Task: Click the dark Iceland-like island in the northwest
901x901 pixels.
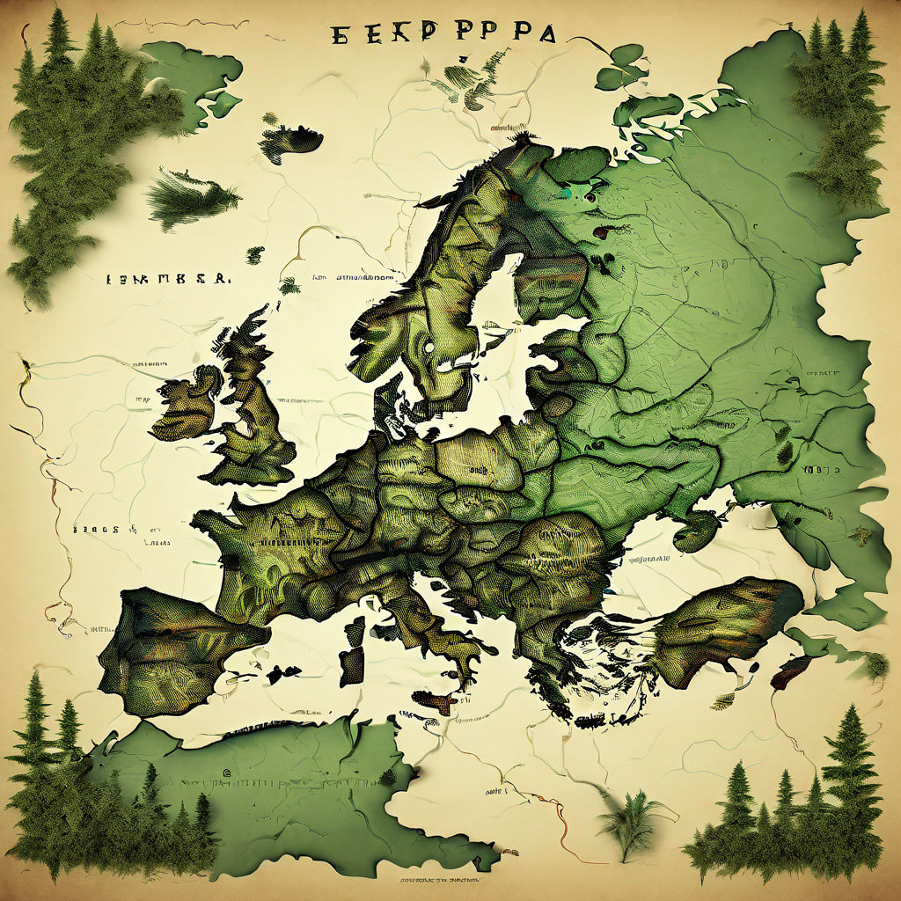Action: [289, 141]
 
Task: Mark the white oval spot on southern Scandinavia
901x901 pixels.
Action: [429, 348]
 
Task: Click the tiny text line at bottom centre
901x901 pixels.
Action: [440, 877]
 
